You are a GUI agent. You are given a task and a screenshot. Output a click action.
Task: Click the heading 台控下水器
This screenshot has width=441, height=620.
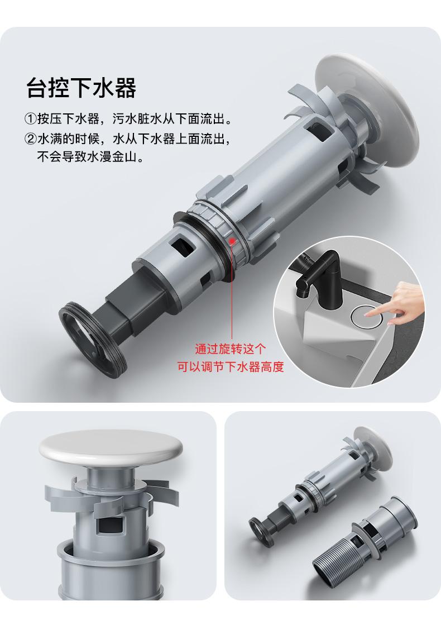point(82,87)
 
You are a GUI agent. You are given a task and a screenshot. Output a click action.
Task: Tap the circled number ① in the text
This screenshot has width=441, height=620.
point(31,118)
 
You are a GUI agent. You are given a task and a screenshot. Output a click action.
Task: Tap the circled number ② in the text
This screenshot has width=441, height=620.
point(31,139)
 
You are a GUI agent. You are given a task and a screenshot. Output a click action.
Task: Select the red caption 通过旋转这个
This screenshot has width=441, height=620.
point(231,349)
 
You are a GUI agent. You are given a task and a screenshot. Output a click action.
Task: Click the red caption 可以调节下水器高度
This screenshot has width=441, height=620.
point(231,367)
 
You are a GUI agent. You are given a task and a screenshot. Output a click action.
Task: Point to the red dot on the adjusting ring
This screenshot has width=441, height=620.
point(232,240)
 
